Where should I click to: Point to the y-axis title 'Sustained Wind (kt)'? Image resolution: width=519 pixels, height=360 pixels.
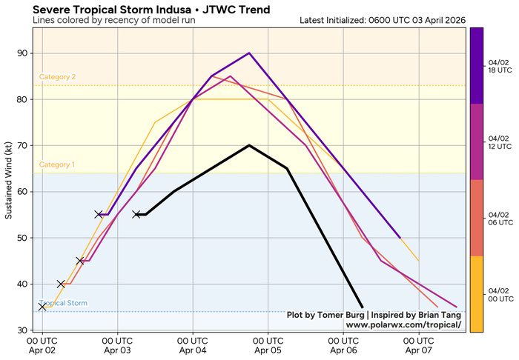(9, 181)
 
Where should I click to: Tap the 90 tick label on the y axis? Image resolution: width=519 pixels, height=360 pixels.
(22, 53)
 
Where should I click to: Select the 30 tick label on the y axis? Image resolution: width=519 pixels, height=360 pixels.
(22, 330)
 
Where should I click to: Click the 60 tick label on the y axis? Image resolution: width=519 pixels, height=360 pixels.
(22, 192)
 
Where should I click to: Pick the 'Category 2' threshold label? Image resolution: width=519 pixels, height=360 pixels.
(58, 77)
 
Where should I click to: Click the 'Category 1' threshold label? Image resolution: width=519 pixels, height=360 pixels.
(58, 164)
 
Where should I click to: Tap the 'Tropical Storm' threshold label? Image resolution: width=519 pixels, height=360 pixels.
(64, 303)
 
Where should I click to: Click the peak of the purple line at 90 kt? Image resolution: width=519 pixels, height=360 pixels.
(249, 53)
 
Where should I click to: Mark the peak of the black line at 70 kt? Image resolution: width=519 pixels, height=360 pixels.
(249, 145)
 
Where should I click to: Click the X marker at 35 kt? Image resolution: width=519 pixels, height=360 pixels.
(42, 307)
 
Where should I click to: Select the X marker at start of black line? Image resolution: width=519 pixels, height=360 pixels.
(136, 215)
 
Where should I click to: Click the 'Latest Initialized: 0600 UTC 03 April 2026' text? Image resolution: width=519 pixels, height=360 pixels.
(383, 20)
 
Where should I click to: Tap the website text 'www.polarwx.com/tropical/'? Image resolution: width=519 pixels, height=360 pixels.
(403, 325)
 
